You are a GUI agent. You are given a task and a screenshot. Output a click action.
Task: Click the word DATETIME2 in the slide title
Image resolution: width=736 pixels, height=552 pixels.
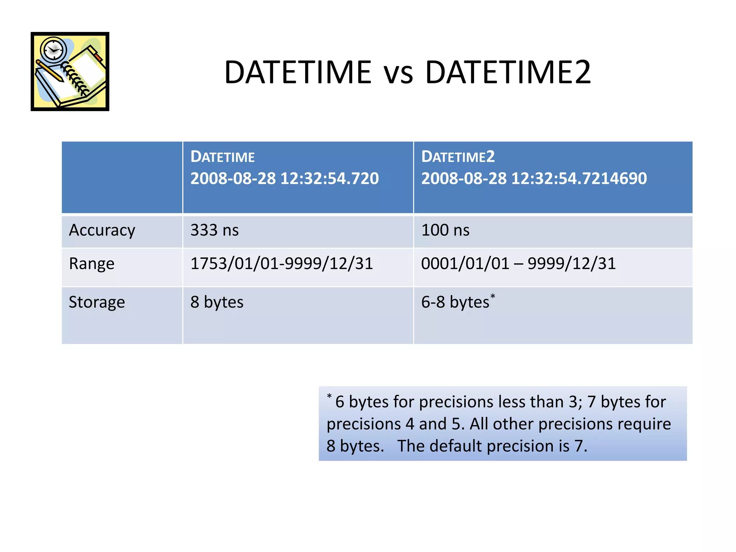coord(508,72)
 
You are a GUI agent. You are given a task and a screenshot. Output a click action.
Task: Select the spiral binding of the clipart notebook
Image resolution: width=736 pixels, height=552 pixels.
coord(75,79)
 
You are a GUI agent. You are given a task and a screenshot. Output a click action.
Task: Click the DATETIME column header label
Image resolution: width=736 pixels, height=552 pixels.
coord(222,157)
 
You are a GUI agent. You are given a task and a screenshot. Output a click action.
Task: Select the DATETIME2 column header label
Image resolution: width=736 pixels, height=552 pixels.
coord(458,157)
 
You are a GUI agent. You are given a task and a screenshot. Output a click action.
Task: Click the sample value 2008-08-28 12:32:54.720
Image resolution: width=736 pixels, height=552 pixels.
coord(284,179)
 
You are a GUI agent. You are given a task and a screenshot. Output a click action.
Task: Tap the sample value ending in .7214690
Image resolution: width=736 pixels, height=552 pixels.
coord(534,179)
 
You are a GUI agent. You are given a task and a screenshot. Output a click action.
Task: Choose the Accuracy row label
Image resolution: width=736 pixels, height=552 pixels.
coord(102,230)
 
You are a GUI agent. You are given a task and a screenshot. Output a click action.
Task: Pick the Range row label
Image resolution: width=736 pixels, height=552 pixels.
coord(92,264)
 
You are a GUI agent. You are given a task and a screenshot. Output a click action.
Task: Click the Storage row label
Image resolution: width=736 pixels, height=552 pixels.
coord(97,302)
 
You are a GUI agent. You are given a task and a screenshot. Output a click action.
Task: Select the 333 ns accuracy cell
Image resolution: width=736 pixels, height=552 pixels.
coord(215,230)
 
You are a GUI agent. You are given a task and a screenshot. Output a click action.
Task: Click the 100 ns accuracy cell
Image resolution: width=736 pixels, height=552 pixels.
coord(445,230)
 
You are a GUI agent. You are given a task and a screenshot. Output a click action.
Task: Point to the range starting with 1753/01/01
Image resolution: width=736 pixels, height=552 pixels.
coord(282,264)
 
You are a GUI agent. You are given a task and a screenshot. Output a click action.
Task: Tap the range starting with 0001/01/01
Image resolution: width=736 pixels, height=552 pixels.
coord(518,264)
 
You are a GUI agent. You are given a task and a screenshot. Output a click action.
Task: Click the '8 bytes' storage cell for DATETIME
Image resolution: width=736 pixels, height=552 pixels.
coord(217,302)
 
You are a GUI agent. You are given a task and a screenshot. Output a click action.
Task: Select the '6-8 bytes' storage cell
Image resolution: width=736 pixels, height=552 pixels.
coord(455,302)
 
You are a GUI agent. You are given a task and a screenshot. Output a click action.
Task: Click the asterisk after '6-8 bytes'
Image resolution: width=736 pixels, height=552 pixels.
coord(493,296)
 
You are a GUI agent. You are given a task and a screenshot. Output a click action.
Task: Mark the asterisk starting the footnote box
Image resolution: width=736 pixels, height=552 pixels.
coord(329,396)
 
